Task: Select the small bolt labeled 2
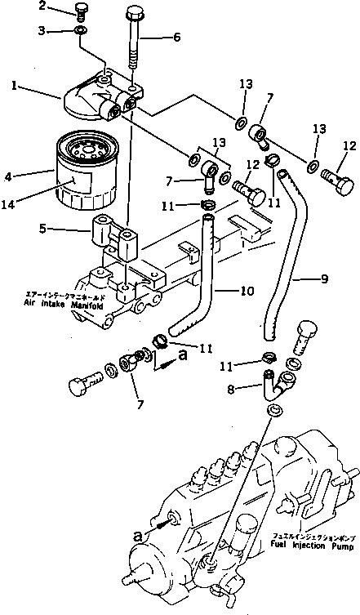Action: (x=80, y=11)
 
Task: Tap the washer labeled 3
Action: (x=80, y=30)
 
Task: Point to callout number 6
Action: (x=176, y=36)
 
